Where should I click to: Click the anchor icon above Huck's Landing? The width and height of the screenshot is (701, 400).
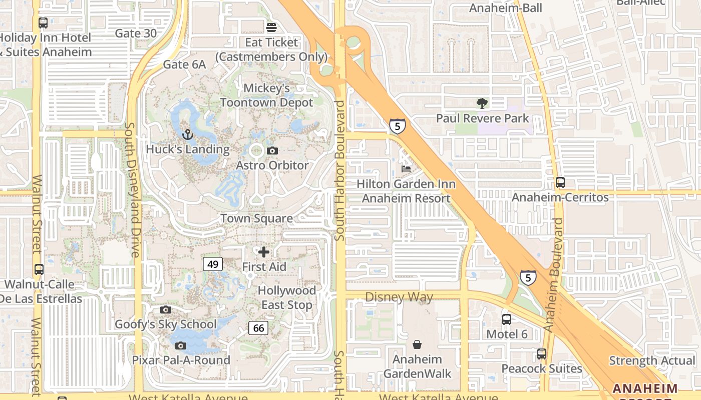tap(187, 134)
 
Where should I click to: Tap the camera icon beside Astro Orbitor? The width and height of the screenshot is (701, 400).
tap(272, 150)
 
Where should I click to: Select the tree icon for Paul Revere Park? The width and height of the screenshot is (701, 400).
tap(482, 103)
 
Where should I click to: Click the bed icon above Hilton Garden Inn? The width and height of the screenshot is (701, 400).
tap(406, 169)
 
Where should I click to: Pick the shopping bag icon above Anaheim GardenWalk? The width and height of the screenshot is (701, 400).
tap(417, 344)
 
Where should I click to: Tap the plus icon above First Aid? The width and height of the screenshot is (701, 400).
tap(264, 252)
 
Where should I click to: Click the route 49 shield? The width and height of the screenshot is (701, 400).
tap(213, 263)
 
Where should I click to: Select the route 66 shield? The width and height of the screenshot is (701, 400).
tap(258, 328)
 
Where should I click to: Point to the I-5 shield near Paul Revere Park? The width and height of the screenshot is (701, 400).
tap(397, 126)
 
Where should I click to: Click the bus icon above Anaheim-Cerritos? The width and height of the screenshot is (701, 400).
tap(560, 182)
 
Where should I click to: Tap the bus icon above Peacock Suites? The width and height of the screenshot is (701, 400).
tap(542, 354)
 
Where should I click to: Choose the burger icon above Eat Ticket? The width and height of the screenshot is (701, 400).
tap(271, 27)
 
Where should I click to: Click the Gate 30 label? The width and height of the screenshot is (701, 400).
tap(136, 33)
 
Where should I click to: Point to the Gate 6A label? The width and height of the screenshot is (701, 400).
tap(184, 64)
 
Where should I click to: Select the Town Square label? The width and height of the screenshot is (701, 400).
tap(257, 218)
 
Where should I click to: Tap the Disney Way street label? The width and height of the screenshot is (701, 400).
tap(399, 297)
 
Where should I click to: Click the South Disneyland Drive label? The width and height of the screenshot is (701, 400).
tap(133, 190)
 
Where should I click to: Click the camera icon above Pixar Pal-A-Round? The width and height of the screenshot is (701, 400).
tap(181, 345)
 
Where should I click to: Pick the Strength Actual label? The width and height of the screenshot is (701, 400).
tap(652, 360)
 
